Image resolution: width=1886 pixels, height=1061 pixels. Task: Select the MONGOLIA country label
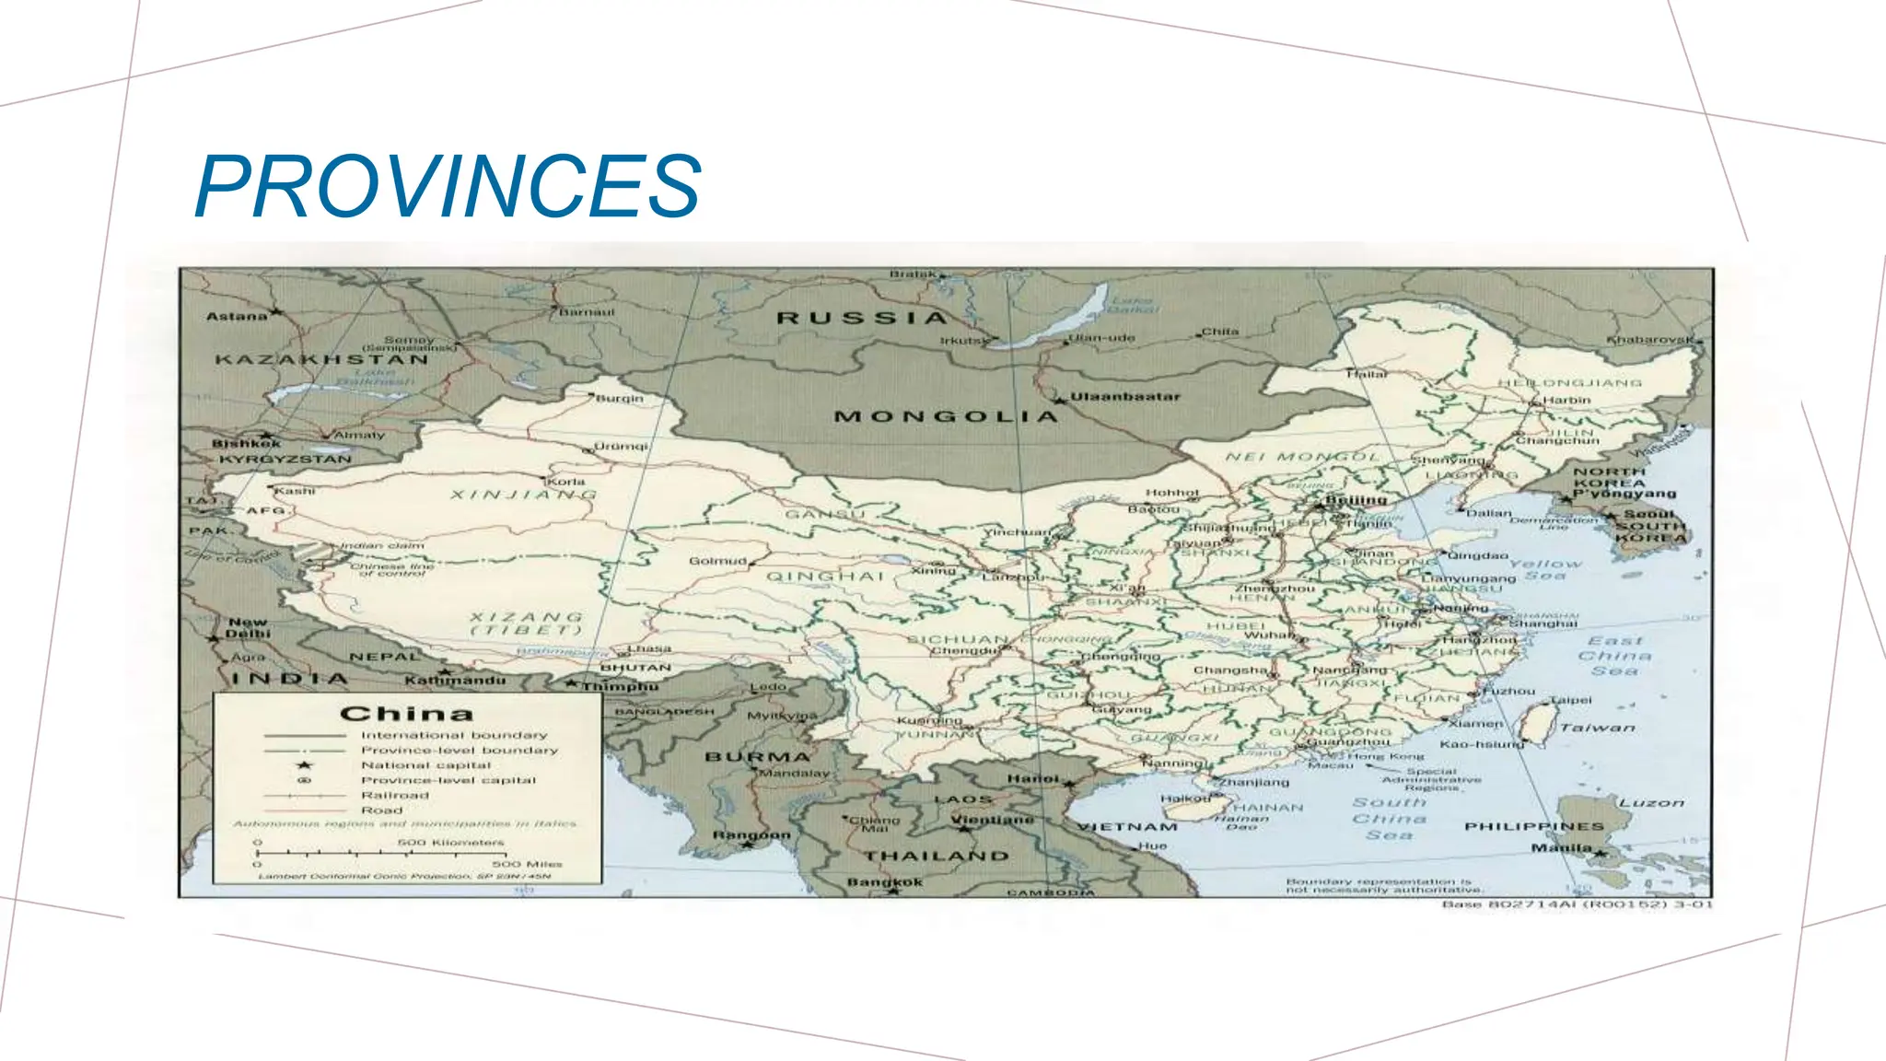pos(946,416)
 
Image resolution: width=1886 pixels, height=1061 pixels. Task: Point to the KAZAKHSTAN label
pos(322,359)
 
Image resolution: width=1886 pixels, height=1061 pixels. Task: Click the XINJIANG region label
pos(523,495)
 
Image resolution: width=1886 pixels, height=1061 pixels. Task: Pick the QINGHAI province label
pos(825,577)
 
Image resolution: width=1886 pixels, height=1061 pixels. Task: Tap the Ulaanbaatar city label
pos(1124,397)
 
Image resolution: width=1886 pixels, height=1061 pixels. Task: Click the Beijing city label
pos(1356,500)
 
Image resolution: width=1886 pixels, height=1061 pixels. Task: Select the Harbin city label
pos(1566,400)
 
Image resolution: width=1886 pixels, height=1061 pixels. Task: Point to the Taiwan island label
pos(1598,728)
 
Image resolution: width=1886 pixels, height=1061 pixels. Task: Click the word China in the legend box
pos(406,714)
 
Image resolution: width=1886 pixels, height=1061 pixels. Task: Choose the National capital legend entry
pos(425,765)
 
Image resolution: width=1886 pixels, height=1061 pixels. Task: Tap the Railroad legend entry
pos(394,795)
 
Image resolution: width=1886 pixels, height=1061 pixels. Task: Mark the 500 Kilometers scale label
pos(450,842)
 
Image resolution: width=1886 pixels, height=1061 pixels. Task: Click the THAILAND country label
pos(936,856)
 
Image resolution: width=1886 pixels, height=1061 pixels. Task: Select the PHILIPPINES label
pos(1534,826)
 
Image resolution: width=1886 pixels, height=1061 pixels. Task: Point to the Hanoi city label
pos(1032,779)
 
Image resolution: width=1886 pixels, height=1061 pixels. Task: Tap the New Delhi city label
pos(248,627)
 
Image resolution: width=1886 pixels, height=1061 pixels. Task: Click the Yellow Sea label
pos(1545,569)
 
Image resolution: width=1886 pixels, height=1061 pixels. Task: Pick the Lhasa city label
pos(649,648)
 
